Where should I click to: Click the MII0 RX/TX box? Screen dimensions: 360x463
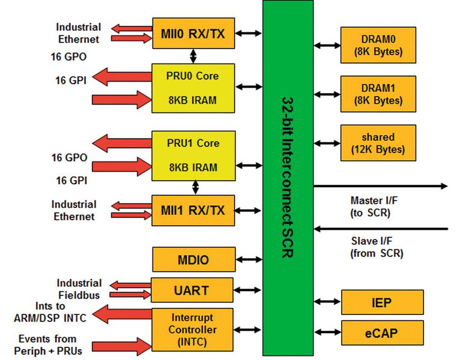point(193,34)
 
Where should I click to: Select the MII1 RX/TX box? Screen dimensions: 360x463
point(193,210)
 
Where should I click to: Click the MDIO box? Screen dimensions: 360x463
point(193,260)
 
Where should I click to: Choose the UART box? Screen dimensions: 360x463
point(193,290)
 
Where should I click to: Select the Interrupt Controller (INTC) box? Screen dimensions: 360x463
point(193,329)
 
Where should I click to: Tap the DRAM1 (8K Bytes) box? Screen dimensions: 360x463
point(379,94)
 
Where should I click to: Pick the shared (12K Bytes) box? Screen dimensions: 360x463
point(379,143)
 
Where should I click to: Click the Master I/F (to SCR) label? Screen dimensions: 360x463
point(378,205)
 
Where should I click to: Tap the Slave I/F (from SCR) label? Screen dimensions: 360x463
point(378,247)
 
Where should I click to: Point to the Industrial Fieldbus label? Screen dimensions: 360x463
point(79,288)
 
